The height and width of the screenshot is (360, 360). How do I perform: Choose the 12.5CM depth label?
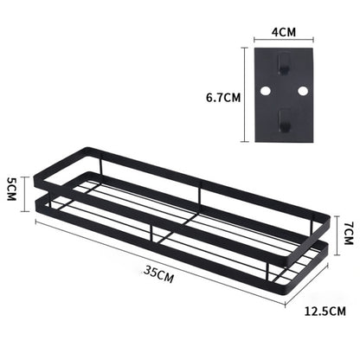coord(326,309)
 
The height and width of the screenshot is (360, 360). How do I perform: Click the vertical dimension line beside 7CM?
coord(335,231)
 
